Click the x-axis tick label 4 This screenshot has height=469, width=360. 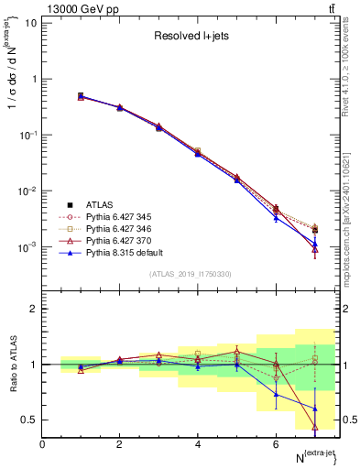(x=198, y=444)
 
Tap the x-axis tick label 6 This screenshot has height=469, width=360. (x=276, y=444)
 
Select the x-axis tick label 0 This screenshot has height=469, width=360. (x=42, y=444)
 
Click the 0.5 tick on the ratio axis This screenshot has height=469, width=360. (x=30, y=420)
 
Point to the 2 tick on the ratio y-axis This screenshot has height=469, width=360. (x=34, y=309)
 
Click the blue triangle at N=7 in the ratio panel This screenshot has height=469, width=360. (x=315, y=409)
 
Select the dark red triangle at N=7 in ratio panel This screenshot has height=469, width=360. (x=315, y=427)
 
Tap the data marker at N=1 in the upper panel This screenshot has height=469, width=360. (x=81, y=96)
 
